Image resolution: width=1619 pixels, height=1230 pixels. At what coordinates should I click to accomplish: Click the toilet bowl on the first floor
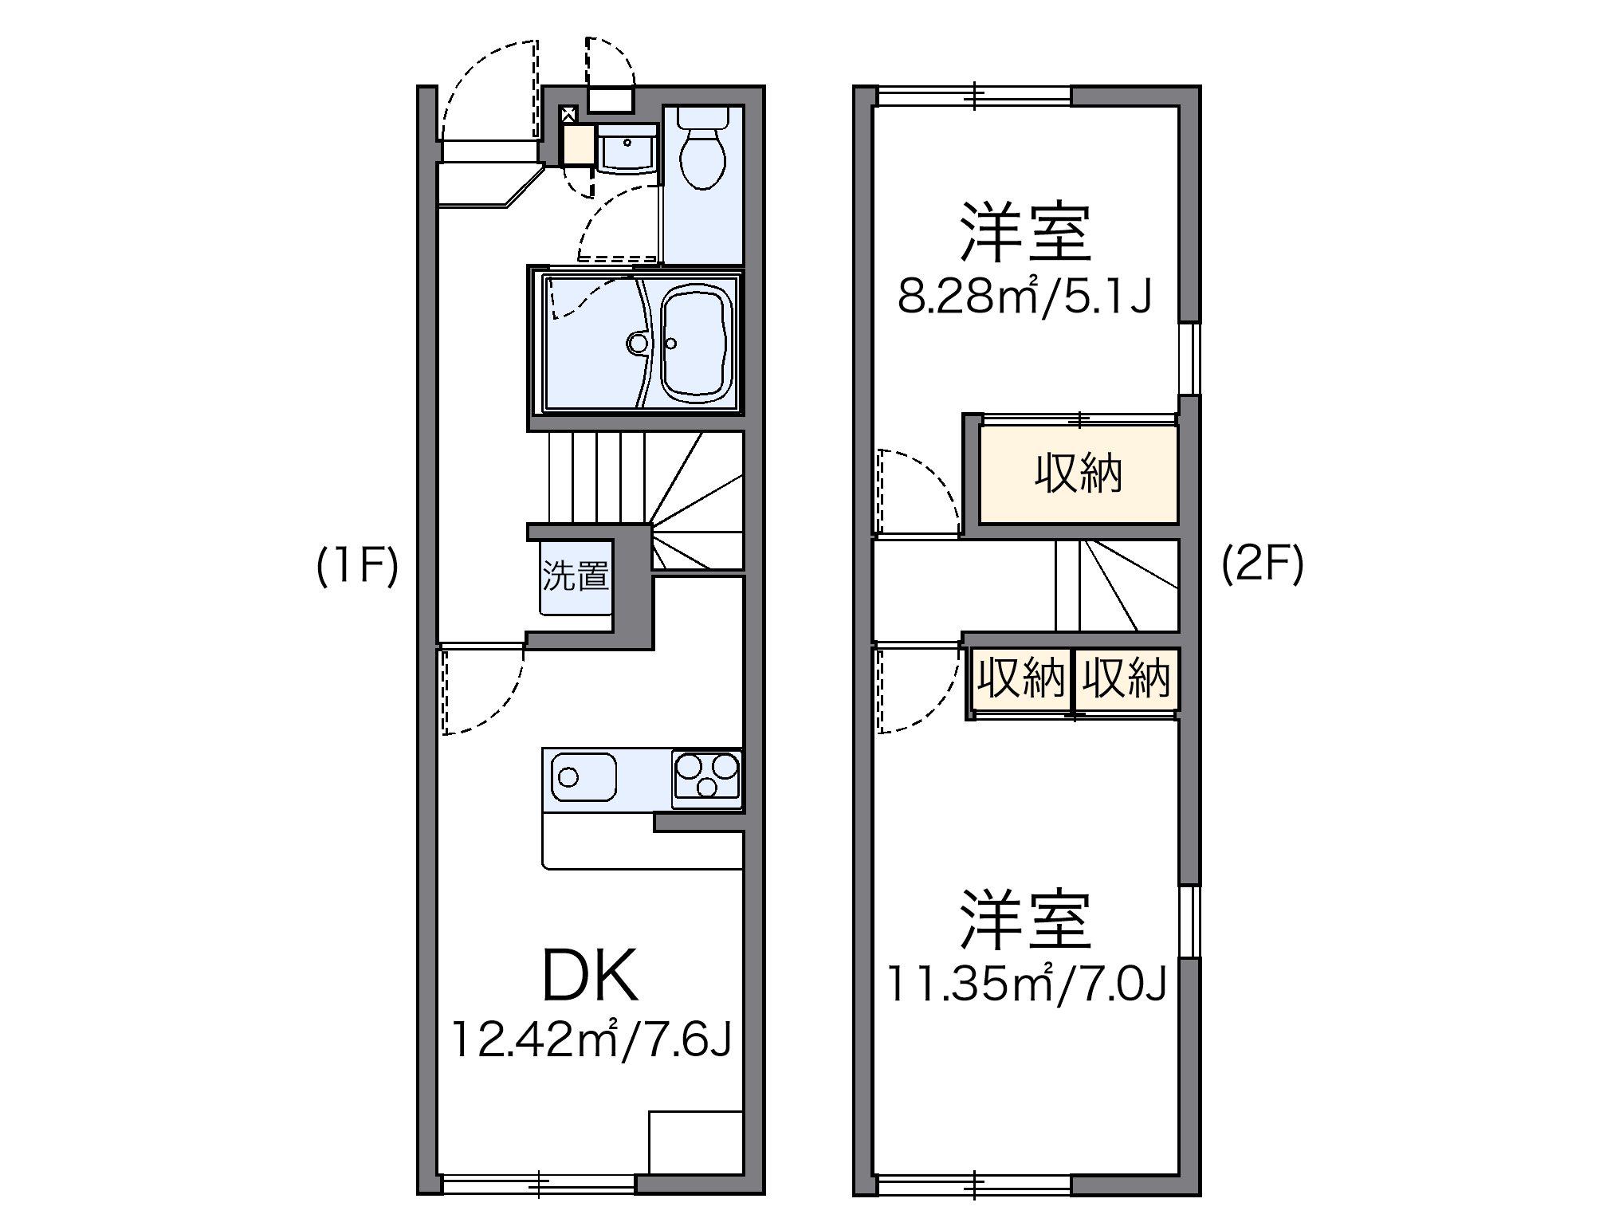702,156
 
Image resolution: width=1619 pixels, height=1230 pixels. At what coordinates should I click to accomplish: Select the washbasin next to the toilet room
627,150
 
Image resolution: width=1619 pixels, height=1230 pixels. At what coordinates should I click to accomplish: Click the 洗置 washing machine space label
576,576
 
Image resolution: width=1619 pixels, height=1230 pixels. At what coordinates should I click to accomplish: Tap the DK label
590,977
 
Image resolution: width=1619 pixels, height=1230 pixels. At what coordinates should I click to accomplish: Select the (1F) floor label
356,568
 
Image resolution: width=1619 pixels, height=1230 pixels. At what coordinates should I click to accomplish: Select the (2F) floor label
1263,564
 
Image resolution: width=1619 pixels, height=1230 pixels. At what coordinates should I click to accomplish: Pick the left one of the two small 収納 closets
1021,679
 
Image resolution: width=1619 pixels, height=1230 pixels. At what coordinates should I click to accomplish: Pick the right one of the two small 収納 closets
1126,679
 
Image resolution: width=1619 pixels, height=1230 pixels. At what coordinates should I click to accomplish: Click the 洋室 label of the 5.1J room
1025,231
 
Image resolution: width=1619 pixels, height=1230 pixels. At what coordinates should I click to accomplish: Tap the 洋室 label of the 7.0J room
1025,920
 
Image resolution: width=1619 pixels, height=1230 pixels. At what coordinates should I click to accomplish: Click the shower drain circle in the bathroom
637,344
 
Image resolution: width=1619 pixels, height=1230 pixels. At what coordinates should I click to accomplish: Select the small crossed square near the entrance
569,114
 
